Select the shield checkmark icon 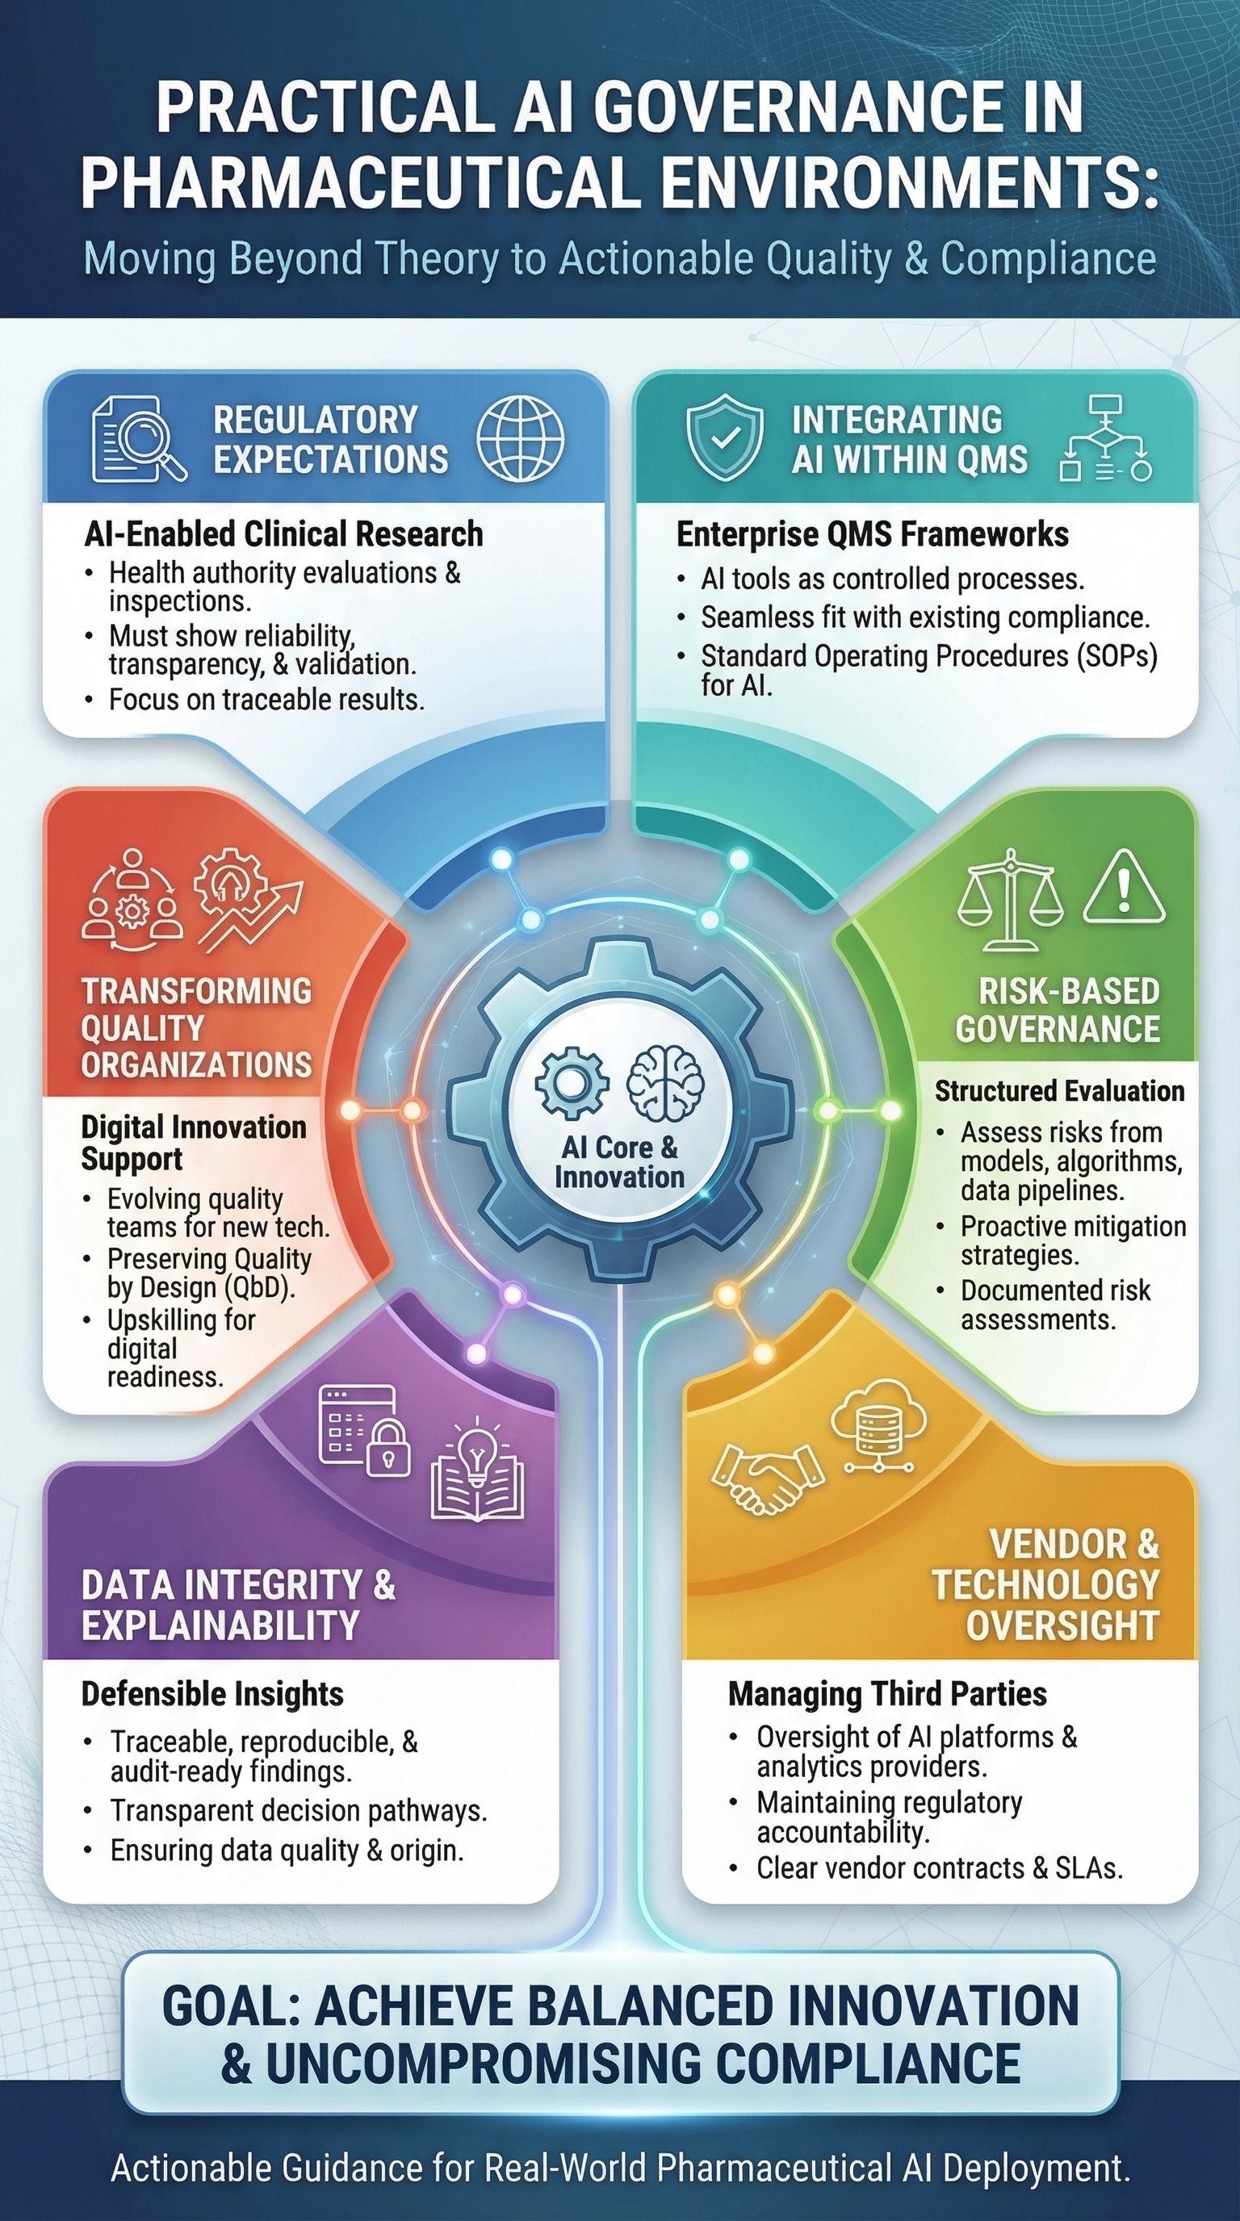click(725, 437)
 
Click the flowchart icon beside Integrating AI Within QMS click(1105, 438)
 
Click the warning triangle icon click(1124, 887)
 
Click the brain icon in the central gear click(664, 1081)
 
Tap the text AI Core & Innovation click(619, 1161)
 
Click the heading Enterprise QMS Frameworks click(872, 534)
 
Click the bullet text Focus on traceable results click(266, 699)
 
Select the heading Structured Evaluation click(1060, 1091)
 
